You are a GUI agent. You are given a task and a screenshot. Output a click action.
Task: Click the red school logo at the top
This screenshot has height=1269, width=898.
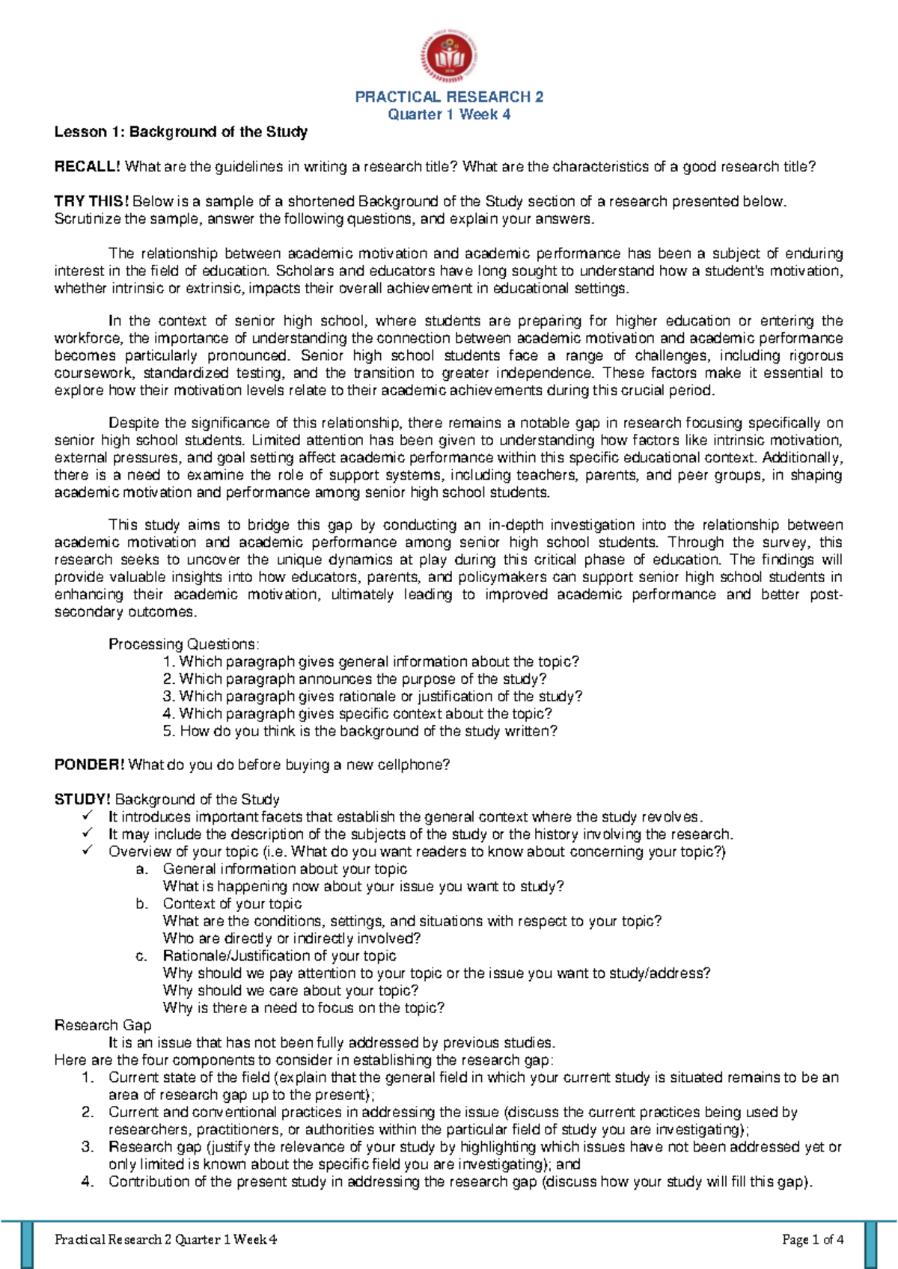[449, 57]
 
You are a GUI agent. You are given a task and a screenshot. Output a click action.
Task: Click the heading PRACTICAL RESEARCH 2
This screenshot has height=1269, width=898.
[449, 97]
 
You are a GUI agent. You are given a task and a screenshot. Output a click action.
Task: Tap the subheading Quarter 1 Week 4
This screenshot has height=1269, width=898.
[449, 114]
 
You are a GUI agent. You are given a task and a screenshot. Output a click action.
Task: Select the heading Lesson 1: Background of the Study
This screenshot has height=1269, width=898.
[180, 132]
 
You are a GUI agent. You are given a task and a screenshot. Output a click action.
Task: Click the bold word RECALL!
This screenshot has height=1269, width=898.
[88, 167]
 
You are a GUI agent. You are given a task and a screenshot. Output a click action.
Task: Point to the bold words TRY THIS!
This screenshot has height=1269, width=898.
[91, 201]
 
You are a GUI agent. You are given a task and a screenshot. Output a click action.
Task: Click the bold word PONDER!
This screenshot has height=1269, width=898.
[89, 765]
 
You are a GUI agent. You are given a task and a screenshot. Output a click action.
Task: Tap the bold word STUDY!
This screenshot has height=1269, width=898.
[82, 799]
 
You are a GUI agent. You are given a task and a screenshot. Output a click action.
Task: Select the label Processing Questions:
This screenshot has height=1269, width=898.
[184, 644]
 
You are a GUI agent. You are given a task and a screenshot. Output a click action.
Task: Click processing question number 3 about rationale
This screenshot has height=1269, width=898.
[373, 697]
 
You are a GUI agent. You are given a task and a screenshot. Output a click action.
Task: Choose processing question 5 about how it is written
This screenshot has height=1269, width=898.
[361, 731]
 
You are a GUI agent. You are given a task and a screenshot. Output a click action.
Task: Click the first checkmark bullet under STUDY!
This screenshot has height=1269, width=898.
[88, 816]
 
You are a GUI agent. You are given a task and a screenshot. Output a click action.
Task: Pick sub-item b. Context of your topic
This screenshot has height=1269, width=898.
[232, 904]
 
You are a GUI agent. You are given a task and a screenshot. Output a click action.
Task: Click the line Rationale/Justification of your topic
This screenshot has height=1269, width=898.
[279, 956]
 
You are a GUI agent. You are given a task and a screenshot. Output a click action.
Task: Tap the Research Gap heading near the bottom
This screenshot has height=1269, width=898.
[103, 1025]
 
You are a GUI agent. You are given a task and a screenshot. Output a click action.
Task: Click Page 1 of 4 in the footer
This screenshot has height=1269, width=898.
[813, 1240]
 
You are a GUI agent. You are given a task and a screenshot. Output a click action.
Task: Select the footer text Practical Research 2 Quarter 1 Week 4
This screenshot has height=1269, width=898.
[165, 1240]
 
